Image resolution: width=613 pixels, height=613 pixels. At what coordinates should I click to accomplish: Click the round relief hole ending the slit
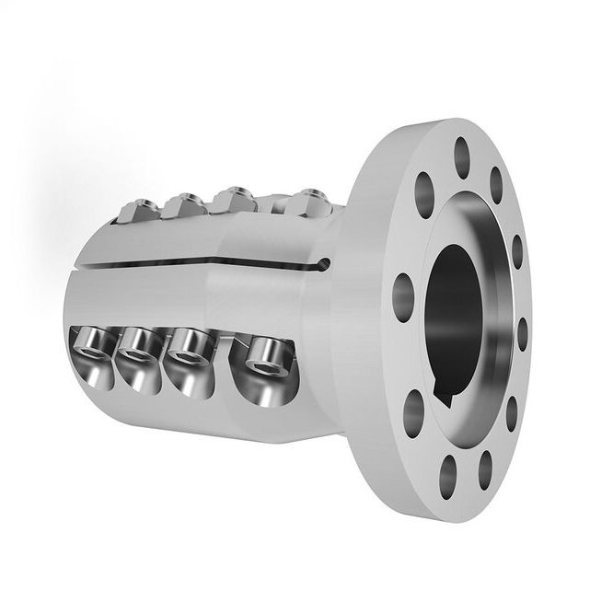[x=319, y=268]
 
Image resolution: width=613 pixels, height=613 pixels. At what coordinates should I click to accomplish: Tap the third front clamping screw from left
[x=188, y=348]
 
